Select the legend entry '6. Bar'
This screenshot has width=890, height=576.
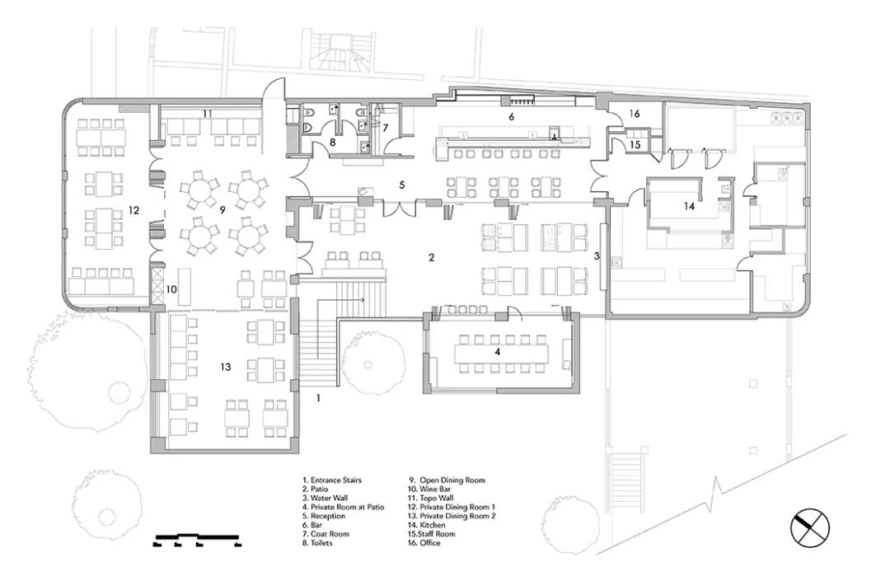[x=313, y=525]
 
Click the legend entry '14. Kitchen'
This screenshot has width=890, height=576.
[x=427, y=525]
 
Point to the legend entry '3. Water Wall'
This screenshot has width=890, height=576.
[x=326, y=498]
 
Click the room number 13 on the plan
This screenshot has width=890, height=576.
[x=225, y=367]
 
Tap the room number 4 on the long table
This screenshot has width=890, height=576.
[x=498, y=352]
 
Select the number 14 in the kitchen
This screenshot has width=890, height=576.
[x=688, y=206]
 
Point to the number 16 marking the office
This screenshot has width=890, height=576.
[x=634, y=114]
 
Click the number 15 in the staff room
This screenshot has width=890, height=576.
[x=635, y=145]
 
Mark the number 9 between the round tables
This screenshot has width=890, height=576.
[x=222, y=210]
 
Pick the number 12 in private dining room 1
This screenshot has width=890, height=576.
[x=133, y=210]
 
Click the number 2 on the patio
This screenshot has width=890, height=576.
[x=431, y=257]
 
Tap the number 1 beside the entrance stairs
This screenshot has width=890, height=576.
[x=318, y=398]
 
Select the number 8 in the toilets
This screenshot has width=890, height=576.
[x=333, y=142]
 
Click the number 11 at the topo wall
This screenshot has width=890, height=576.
[x=207, y=114]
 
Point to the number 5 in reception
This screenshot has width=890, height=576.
[x=402, y=185]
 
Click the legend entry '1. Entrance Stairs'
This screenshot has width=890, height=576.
[x=332, y=480]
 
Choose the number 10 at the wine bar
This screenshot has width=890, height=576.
[x=171, y=289]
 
